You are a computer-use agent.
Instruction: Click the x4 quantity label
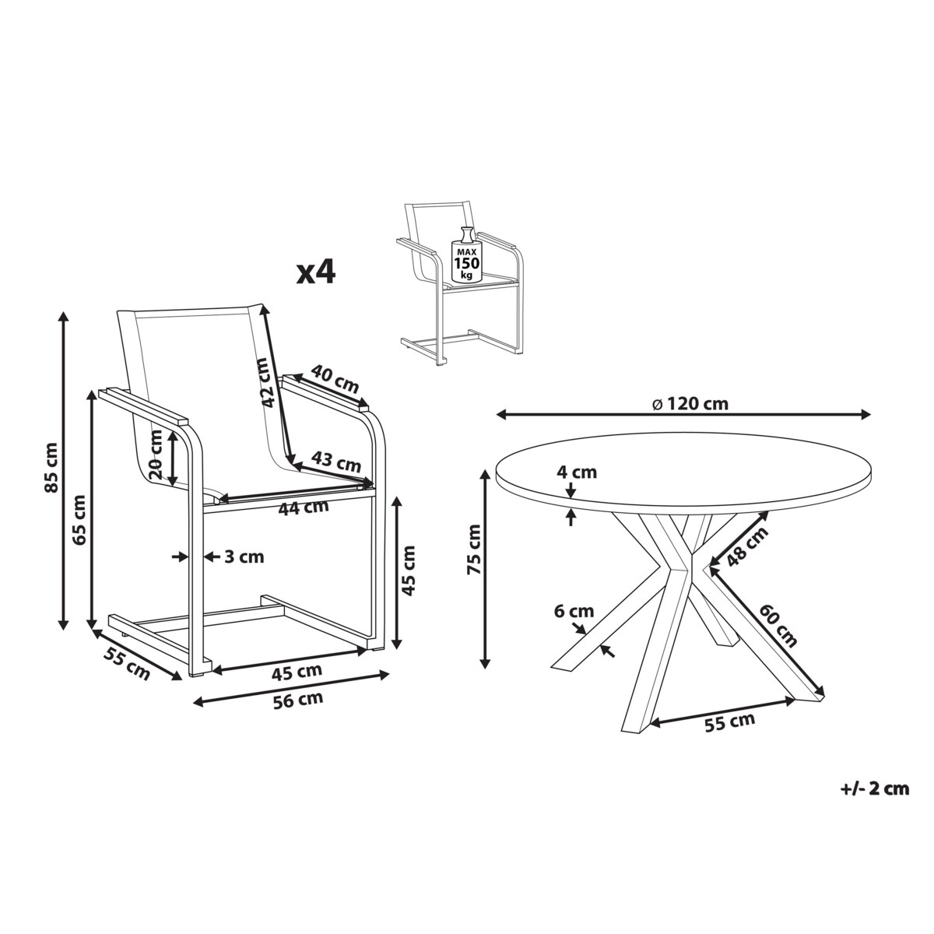[317, 272]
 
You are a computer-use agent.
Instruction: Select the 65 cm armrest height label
[80, 520]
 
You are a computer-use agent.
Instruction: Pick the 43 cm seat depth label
[336, 461]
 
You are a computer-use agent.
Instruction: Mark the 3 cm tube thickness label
[244, 557]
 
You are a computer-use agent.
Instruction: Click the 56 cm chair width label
[297, 700]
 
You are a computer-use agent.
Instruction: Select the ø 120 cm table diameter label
[690, 404]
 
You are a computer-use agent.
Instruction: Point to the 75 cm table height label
[474, 550]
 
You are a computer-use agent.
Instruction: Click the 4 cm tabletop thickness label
[576, 472]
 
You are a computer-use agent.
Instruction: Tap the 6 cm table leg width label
[574, 611]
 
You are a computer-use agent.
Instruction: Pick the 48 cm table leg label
[747, 546]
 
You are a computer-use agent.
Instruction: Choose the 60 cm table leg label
[778, 625]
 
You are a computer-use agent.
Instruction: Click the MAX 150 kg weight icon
[466, 254]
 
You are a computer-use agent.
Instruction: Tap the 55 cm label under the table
[729, 722]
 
